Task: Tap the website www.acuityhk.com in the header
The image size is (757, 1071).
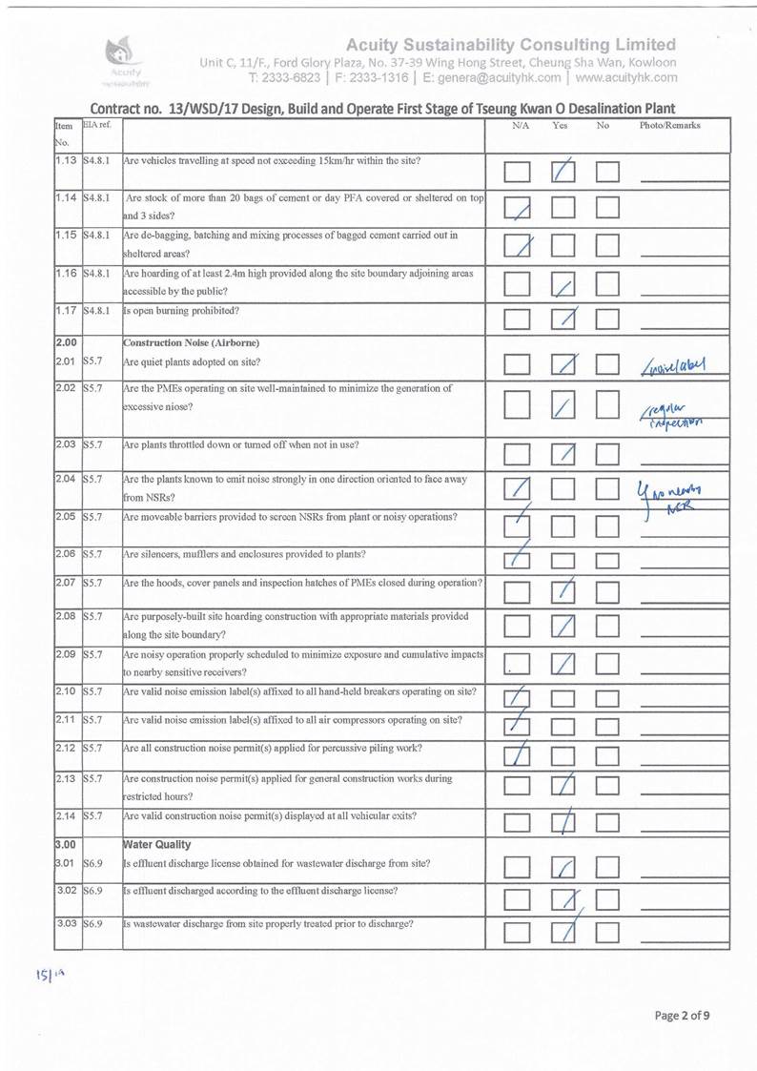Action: [626, 77]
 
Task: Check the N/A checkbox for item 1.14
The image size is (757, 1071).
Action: [519, 208]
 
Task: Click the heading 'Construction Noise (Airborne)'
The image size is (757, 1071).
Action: [182, 342]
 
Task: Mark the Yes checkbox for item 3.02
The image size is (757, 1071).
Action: [564, 899]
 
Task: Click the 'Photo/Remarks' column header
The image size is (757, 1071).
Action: [670, 126]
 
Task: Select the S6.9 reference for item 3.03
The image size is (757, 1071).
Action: [94, 924]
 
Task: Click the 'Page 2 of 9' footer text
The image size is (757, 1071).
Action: [681, 1015]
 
